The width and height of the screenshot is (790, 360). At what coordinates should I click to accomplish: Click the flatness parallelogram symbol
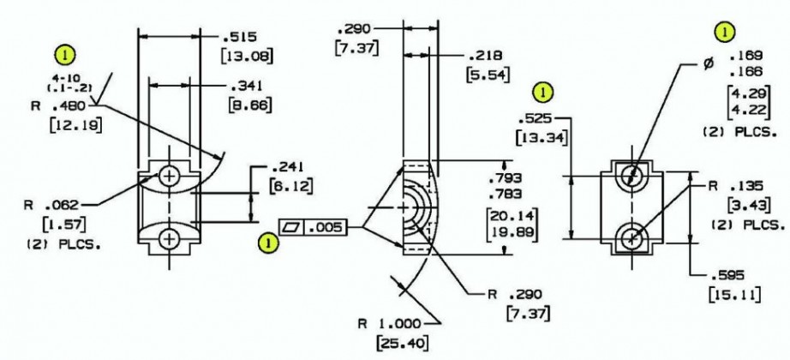291,228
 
